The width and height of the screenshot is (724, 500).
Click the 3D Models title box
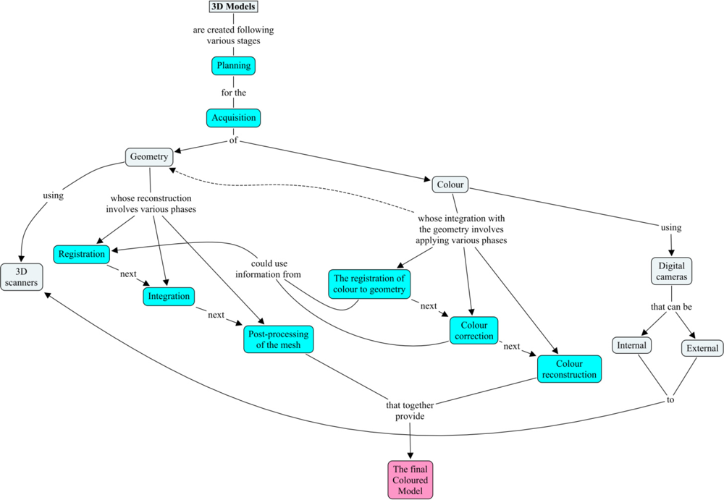233,7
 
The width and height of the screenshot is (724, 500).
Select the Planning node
233,66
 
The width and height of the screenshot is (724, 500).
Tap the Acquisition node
233,117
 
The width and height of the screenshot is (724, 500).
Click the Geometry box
149,156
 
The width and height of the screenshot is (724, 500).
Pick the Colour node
450,185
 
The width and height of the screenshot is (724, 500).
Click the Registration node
82,254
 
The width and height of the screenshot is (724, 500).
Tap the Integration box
169,296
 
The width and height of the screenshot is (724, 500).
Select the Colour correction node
473,330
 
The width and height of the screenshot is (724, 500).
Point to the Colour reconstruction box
569,368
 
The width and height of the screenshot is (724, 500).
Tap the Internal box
631,345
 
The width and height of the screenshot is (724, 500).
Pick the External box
702,348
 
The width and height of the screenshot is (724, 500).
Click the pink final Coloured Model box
411,480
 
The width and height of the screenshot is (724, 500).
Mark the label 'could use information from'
268,268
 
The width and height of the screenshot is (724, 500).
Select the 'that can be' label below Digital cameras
670,307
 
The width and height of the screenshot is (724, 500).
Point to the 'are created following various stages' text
233,35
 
